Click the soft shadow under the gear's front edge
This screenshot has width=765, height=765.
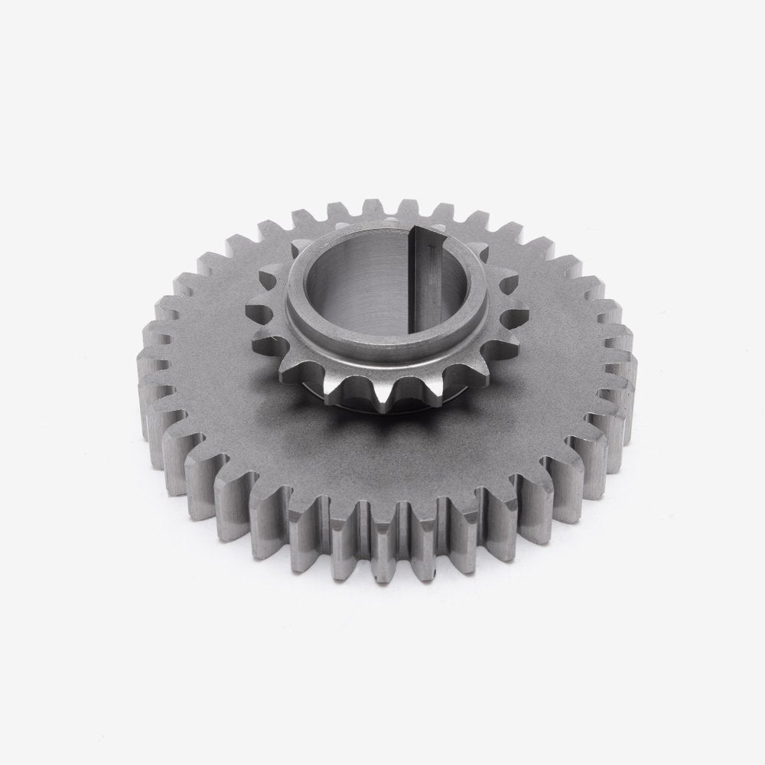(382, 604)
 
